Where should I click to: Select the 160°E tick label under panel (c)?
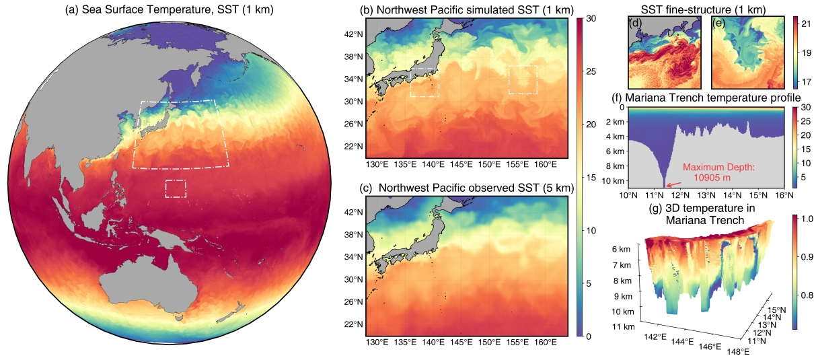pos(546,343)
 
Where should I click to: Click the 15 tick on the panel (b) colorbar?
pos(594,178)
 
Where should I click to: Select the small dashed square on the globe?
pos(176,188)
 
